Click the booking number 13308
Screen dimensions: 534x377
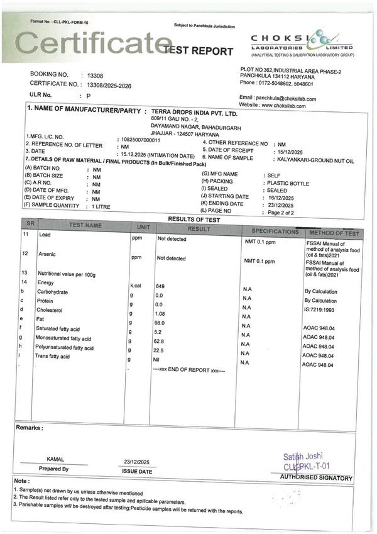coord(96,74)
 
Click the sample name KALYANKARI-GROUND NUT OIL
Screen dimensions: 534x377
coord(315,161)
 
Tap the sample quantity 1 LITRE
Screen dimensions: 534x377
coord(103,206)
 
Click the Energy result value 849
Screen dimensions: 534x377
coord(160,286)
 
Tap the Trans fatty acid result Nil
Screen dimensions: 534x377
coord(158,359)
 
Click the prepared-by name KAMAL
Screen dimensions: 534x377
coord(55,460)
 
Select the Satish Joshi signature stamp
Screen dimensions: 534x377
coord(307,461)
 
